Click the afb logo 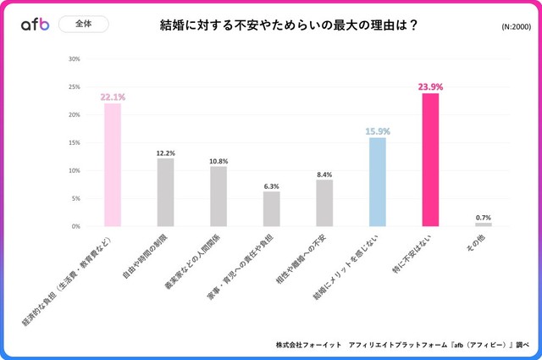click(x=36, y=25)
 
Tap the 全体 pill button click(x=84, y=25)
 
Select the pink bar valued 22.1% click(x=113, y=165)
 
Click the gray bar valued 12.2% click(x=165, y=192)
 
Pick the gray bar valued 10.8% click(x=218, y=197)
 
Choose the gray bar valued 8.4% click(x=324, y=203)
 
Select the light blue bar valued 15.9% click(x=378, y=182)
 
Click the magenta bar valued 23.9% click(x=430, y=160)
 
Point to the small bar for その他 click(x=484, y=224)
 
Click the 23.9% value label click(x=430, y=86)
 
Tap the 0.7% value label click(x=484, y=217)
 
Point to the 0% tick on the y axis click(x=75, y=226)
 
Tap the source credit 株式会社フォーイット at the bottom click(x=308, y=346)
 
